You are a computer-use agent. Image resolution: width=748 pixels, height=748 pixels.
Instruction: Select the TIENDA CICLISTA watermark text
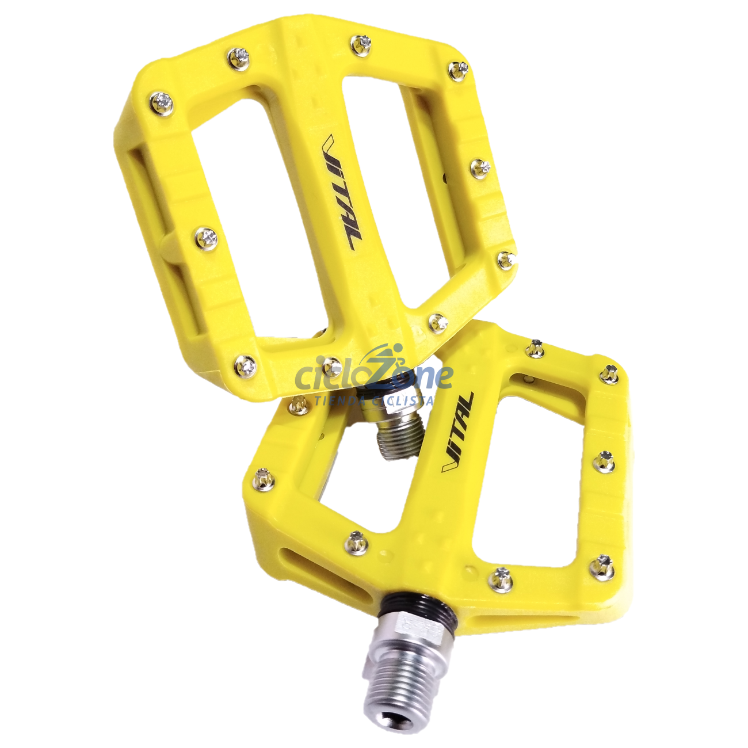click(x=374, y=400)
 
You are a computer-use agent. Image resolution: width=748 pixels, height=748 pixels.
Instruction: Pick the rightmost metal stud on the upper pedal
click(x=506, y=259)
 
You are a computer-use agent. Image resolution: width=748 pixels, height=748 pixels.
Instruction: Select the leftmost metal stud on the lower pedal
click(x=264, y=478)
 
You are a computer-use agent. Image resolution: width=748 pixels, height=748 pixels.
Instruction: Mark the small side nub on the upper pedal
click(x=166, y=245)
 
